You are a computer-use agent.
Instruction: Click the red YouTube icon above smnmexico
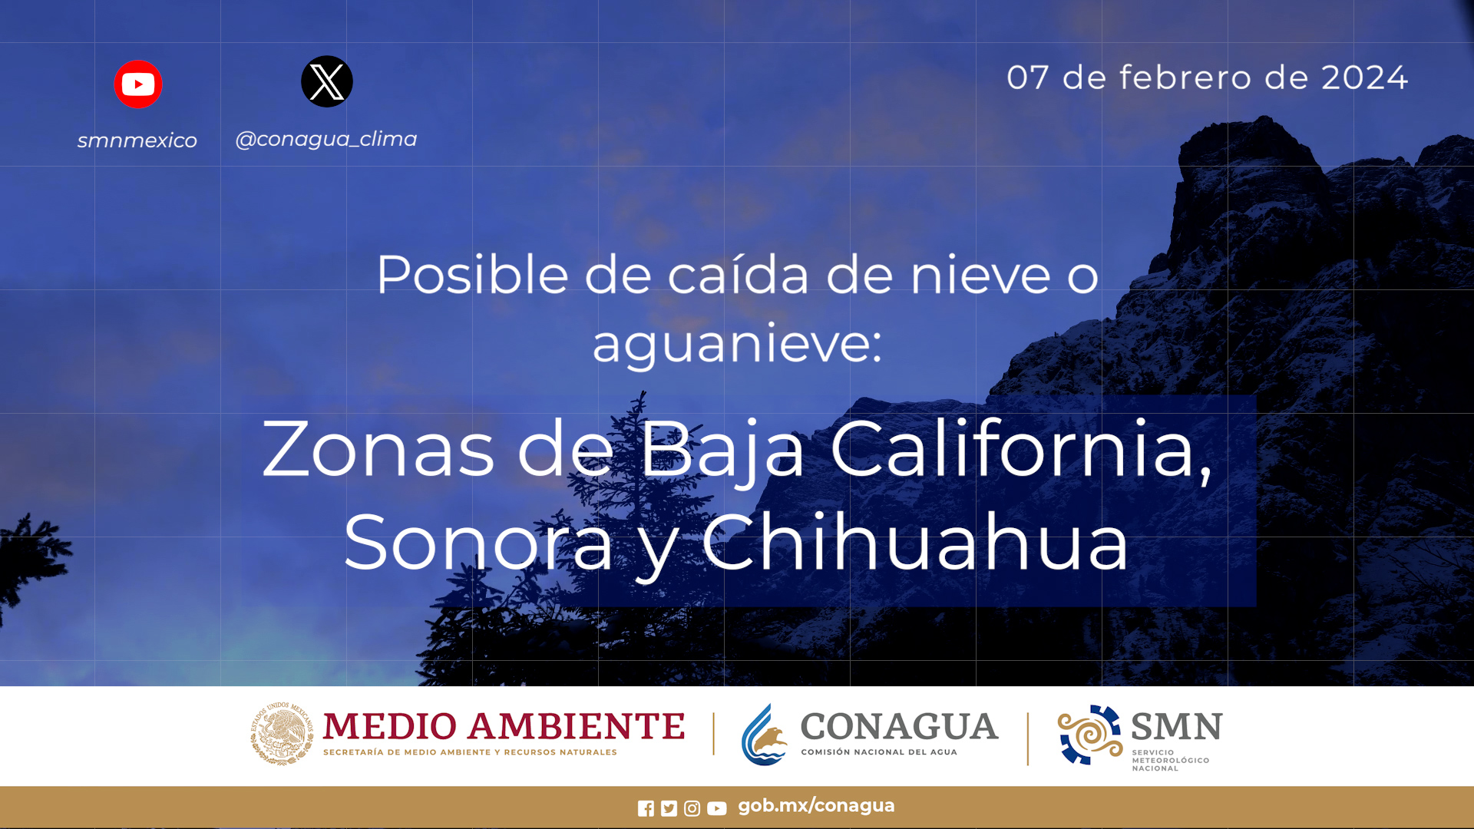tap(138, 84)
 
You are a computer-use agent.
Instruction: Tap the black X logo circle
tap(327, 81)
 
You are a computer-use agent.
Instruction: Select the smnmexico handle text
tap(137, 140)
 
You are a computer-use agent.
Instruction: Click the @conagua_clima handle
tap(326, 139)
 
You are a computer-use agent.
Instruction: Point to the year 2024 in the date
tap(1364, 78)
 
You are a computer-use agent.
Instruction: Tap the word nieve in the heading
tap(980, 274)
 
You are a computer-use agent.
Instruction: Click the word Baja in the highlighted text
tap(722, 450)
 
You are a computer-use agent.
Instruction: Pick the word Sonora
tap(478, 542)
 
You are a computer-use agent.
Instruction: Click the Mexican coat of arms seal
tap(282, 734)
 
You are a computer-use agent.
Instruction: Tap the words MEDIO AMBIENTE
tap(504, 726)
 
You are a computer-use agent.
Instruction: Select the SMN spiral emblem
tap(1090, 735)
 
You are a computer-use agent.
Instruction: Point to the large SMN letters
tap(1177, 726)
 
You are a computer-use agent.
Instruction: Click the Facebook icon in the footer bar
tap(646, 808)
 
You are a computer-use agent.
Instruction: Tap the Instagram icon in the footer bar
tap(692, 808)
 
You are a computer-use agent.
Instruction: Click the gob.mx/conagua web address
tap(816, 806)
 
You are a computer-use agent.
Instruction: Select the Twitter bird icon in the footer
tap(669, 808)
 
